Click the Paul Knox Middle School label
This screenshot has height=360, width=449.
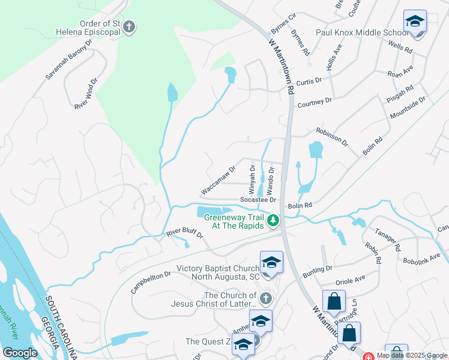(x=362, y=32)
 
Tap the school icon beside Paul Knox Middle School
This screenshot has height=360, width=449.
(x=415, y=22)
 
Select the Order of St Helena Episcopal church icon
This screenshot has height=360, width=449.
(x=129, y=27)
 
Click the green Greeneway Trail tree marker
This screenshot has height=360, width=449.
(x=273, y=221)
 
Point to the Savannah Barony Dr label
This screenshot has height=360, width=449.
(x=70, y=60)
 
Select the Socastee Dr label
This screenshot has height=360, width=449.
(x=258, y=200)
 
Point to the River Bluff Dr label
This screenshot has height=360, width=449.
(x=185, y=232)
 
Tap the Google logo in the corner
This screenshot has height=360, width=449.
(x=20, y=353)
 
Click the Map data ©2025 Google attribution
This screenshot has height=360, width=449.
(x=412, y=355)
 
